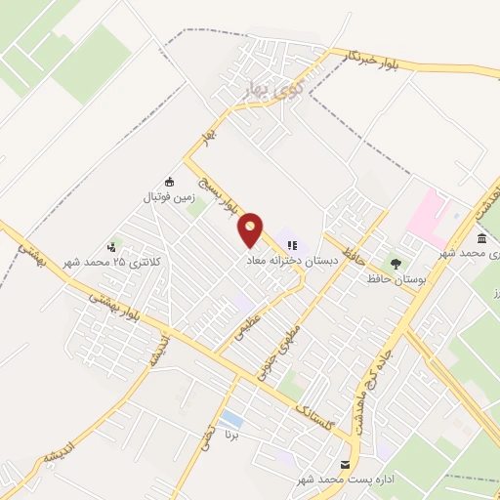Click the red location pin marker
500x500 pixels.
coord(251,229)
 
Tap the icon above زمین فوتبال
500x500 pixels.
coord(169,181)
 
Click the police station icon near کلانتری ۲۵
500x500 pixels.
coord(113,247)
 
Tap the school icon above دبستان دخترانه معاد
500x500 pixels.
coord(291,246)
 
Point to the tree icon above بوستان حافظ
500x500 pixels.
coord(396,263)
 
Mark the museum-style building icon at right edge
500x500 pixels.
coord(481,239)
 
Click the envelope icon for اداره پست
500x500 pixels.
coord(344,464)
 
